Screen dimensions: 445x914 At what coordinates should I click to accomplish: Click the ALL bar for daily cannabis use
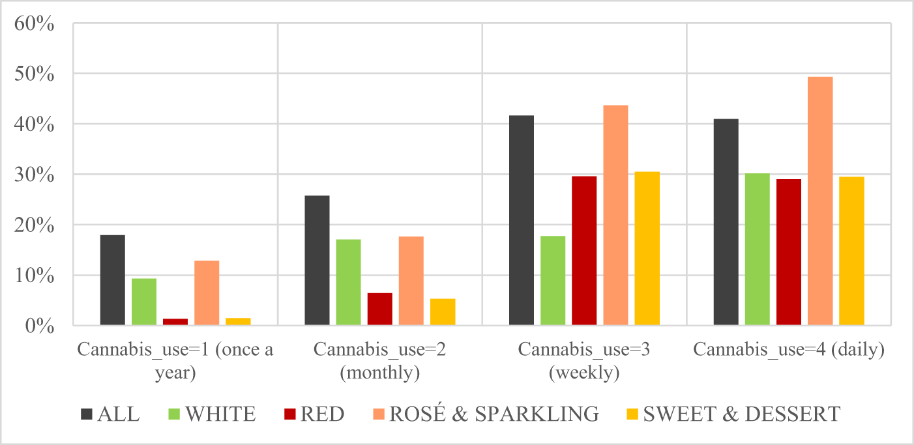coord(726,222)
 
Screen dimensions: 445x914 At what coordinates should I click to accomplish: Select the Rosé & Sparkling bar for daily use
coord(820,201)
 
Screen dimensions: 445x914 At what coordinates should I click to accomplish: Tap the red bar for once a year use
coord(175,321)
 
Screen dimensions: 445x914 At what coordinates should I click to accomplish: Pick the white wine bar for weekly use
coord(553,281)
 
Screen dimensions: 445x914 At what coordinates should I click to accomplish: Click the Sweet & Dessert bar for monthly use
coord(443,312)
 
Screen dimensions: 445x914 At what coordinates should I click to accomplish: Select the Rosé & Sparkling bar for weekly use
coord(615,216)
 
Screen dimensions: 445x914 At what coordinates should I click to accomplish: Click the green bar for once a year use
coord(144,302)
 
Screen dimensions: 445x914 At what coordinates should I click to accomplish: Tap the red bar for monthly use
coord(380,309)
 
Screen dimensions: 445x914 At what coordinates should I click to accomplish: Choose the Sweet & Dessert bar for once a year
coord(238,321)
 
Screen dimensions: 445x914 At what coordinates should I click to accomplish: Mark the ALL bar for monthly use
coord(317,261)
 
